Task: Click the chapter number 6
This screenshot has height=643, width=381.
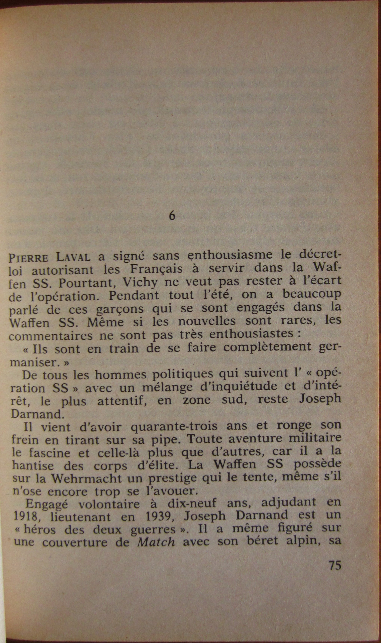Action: pyautogui.click(x=172, y=216)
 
